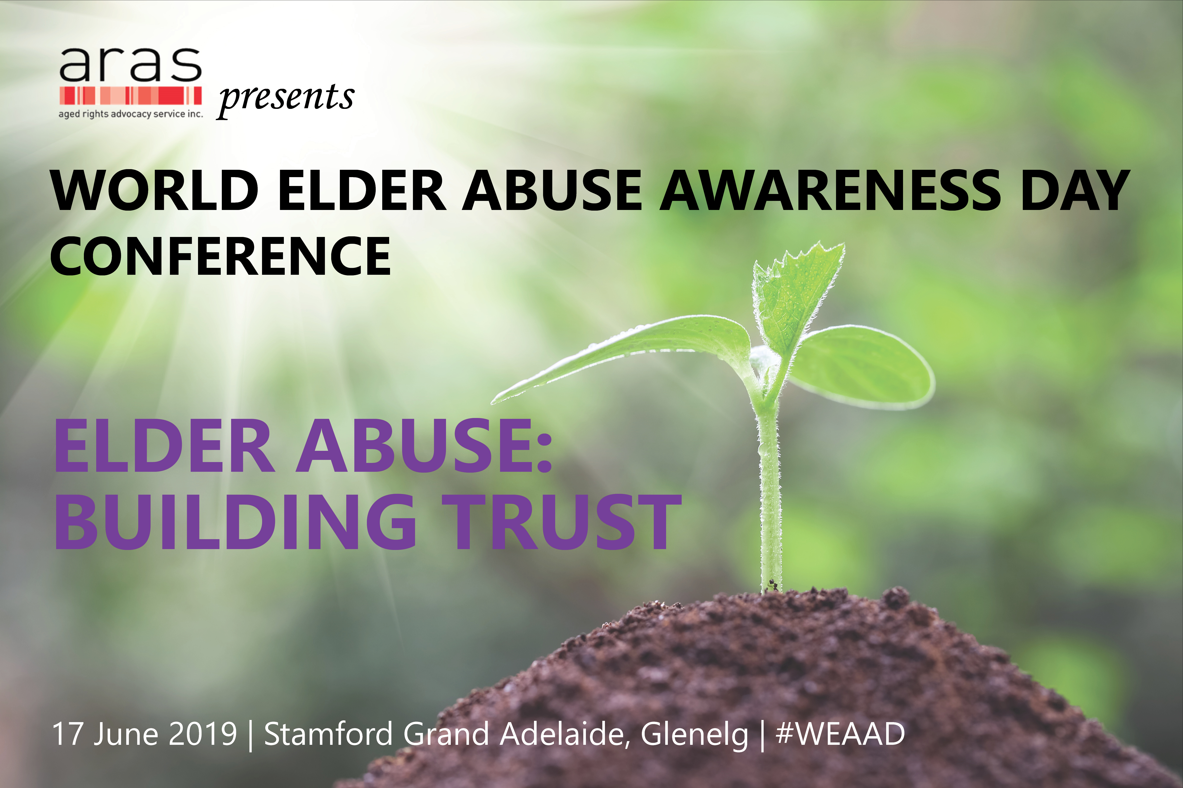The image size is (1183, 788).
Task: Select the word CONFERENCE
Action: click(x=220, y=256)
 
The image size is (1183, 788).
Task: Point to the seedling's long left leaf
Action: click(x=629, y=352)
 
